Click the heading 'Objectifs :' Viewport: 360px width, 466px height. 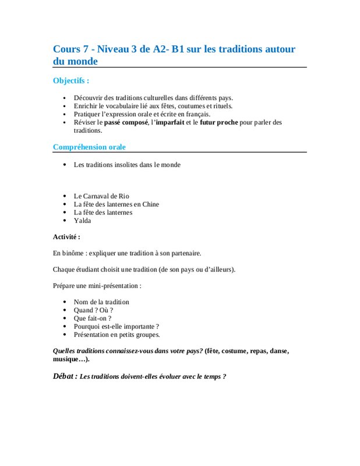[x=71, y=80]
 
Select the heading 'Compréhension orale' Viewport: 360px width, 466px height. [x=89, y=147]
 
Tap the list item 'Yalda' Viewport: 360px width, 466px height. [x=82, y=220]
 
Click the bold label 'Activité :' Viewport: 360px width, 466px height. [x=66, y=236]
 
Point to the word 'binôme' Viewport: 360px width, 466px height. [x=73, y=253]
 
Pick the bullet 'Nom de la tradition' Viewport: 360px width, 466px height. [x=101, y=302]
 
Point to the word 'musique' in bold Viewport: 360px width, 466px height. [x=65, y=359]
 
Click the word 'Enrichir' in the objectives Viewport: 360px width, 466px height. [x=86, y=106]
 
